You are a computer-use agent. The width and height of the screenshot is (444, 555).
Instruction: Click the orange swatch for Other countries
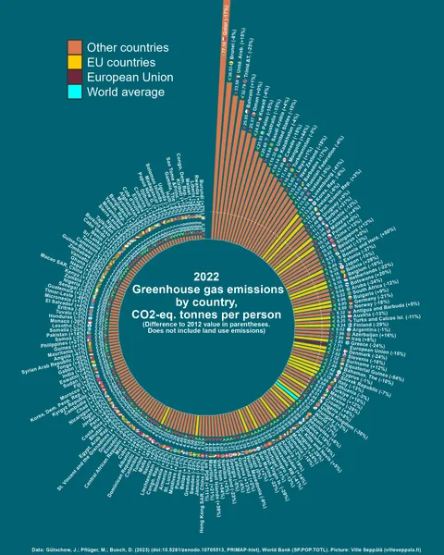coord(74,47)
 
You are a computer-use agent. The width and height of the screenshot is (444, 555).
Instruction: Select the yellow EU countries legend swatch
coord(74,62)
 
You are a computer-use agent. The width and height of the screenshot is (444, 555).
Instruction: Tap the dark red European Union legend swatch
coord(74,78)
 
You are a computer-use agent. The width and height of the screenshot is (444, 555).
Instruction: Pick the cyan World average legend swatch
coord(74,92)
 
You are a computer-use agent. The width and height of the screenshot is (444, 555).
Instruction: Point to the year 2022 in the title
coord(206,276)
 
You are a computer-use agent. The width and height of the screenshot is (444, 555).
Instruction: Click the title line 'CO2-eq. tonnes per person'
coord(207,315)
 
